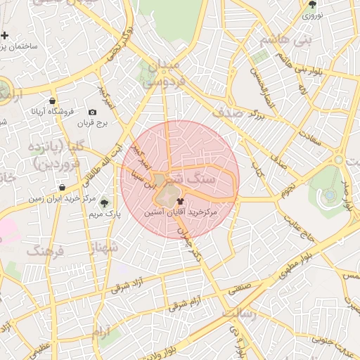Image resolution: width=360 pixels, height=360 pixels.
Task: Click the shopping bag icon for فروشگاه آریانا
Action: (53, 101)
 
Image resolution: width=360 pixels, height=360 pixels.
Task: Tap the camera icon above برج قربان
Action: (92, 112)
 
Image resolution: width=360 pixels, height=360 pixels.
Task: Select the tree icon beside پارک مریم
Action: (105, 202)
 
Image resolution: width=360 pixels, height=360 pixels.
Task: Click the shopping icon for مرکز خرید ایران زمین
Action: (64, 188)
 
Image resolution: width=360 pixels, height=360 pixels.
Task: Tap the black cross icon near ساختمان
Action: (5, 35)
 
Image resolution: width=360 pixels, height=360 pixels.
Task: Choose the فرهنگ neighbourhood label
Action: (44, 251)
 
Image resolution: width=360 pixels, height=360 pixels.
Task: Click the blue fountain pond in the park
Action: (328, 194)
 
